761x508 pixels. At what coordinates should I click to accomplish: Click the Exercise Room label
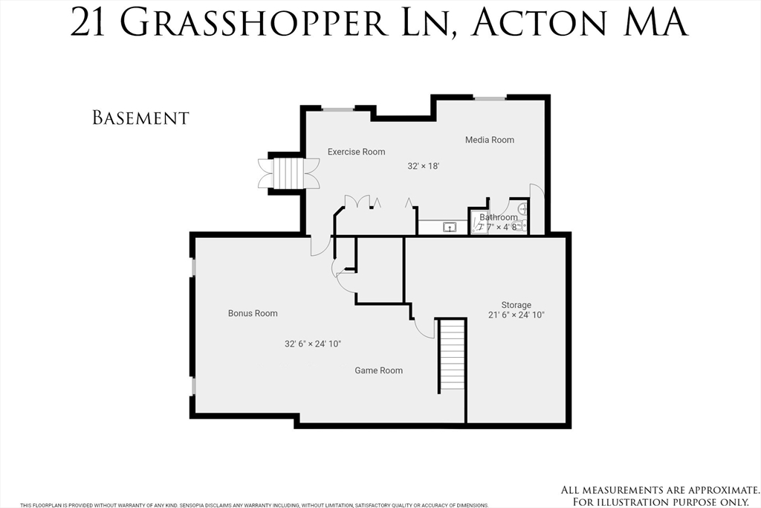[x=356, y=152]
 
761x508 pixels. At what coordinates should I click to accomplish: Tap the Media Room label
[x=489, y=140]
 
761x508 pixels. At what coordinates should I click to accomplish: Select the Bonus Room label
[x=253, y=313]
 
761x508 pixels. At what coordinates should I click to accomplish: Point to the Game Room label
[x=378, y=370]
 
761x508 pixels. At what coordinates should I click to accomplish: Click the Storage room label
[x=516, y=305]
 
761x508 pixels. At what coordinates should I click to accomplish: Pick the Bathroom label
[x=498, y=217]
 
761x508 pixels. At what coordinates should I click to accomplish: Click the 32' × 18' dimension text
[x=424, y=166]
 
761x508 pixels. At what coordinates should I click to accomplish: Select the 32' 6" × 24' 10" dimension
[x=312, y=344]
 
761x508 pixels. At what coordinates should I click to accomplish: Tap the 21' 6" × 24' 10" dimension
[x=516, y=315]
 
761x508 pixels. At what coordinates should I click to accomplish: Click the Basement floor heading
[x=140, y=118]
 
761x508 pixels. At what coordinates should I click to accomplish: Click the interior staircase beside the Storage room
[x=451, y=354]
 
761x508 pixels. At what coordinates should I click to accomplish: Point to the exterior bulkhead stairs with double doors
[x=288, y=173]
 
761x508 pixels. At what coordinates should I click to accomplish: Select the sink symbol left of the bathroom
[x=450, y=227]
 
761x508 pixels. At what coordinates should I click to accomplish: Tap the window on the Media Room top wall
[x=490, y=97]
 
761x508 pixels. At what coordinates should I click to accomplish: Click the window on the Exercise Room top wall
[x=337, y=109]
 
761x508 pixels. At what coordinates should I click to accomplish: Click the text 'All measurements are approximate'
[x=659, y=489]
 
